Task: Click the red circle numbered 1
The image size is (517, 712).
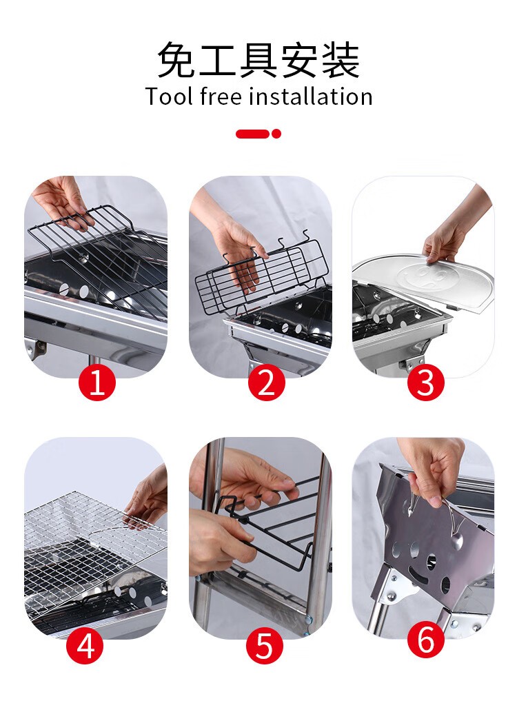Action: [97, 383]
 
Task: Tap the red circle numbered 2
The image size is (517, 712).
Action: [266, 383]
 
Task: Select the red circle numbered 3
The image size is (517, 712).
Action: [425, 383]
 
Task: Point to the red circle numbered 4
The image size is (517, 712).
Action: [85, 646]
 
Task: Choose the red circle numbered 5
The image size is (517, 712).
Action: [265, 646]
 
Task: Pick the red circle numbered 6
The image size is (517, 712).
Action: [425, 640]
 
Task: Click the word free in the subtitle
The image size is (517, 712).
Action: [221, 96]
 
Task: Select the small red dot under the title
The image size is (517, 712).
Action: [276, 134]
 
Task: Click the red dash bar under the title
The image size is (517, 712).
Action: [252, 134]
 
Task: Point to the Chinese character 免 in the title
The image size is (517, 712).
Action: [176, 60]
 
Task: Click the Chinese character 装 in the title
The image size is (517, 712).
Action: [341, 60]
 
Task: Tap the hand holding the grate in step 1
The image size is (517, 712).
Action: [61, 200]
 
